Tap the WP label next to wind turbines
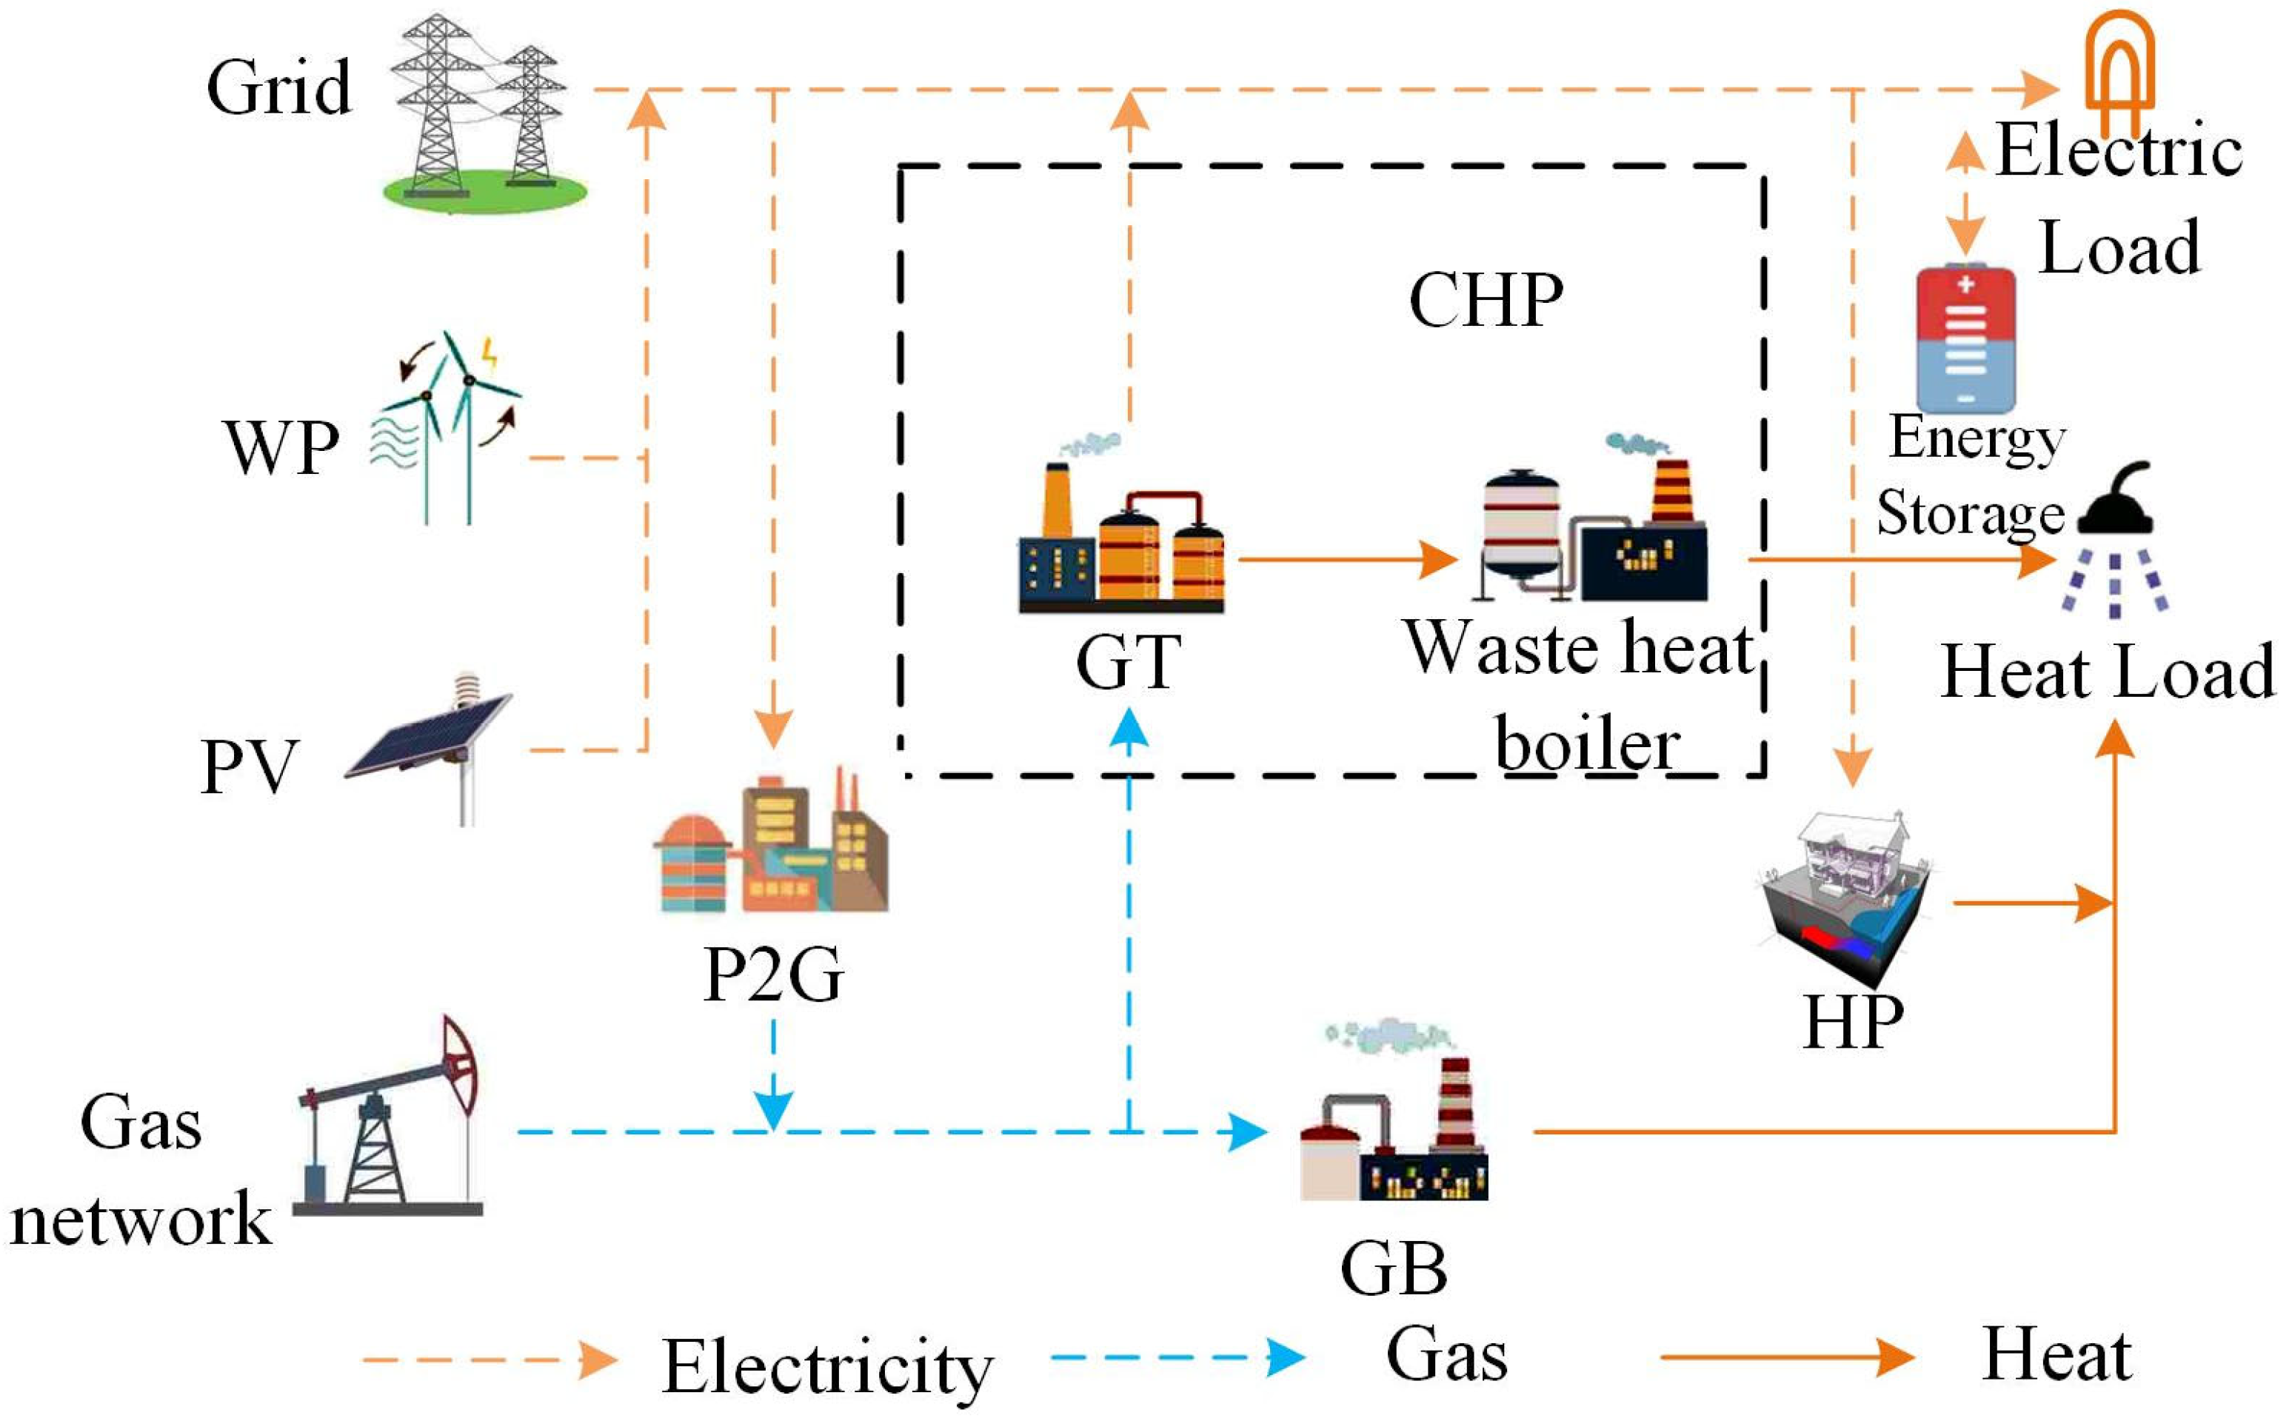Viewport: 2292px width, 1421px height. tap(280, 447)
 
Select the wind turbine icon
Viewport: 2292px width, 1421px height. tap(447, 427)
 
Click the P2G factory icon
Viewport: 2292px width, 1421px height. tap(771, 846)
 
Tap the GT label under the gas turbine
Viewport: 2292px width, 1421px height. tap(1128, 663)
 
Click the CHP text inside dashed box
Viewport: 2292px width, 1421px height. tap(1485, 301)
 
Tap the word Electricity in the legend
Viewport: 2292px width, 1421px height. tap(827, 1368)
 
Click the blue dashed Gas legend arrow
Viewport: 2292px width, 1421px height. tap(1175, 1357)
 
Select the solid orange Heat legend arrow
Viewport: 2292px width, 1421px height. tap(1785, 1357)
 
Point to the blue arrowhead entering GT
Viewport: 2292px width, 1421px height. tap(1129, 729)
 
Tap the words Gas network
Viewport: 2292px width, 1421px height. tap(141, 1170)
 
